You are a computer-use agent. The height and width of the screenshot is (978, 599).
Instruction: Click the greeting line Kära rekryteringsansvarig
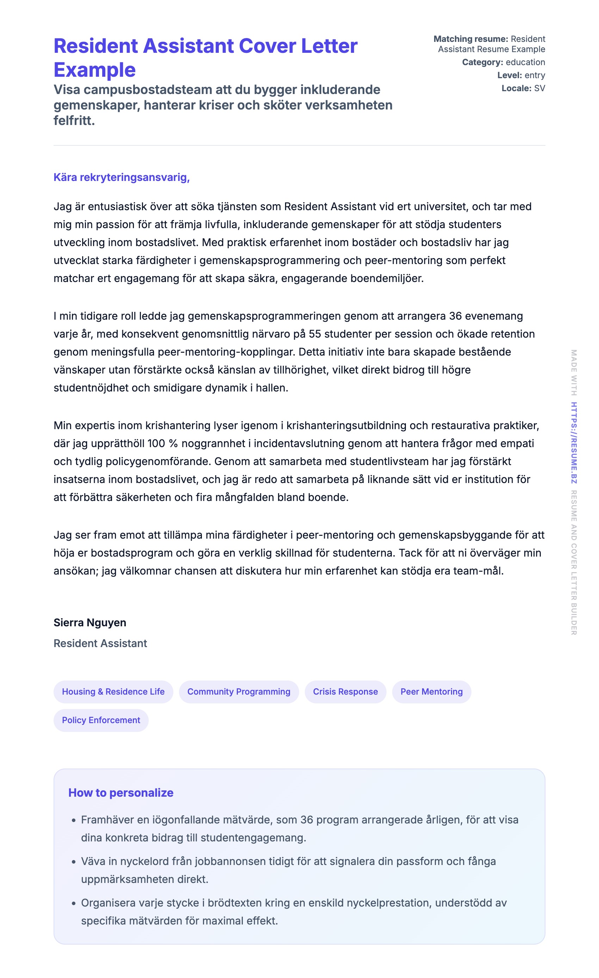122,177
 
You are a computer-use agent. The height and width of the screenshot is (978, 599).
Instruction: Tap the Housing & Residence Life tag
113,691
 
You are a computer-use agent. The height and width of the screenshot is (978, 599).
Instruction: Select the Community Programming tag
239,691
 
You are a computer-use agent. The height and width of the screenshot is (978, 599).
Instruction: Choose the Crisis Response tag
345,691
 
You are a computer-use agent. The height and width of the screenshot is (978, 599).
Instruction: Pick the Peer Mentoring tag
431,691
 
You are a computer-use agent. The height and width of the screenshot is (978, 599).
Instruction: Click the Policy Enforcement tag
101,720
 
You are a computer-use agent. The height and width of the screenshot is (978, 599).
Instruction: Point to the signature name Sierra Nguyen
90,622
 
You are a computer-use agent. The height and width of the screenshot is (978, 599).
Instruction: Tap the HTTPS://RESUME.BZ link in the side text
574,443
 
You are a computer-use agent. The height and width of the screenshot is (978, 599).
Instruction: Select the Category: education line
503,62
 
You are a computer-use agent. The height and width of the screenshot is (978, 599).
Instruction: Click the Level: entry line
521,75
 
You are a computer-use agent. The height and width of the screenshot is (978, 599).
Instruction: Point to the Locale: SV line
523,88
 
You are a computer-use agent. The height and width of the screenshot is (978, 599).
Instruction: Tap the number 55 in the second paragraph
315,334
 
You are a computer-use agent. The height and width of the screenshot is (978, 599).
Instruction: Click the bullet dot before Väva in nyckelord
74,862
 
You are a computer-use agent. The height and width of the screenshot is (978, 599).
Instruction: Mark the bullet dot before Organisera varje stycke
74,904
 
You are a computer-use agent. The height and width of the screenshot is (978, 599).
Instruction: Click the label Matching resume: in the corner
470,39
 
